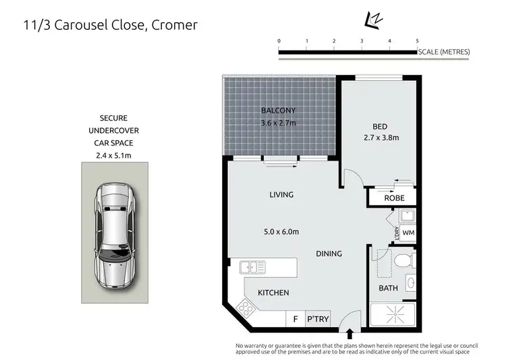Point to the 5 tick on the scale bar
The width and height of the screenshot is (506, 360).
pos(417,42)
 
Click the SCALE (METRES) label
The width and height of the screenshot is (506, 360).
pos(444,52)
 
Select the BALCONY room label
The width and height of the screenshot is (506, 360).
pos(279,111)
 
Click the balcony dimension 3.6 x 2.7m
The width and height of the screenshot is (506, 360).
pos(279,123)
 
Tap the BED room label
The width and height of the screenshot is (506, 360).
pos(380,126)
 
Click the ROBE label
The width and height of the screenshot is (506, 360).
pos(394,198)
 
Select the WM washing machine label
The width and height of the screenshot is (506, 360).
pos(408,233)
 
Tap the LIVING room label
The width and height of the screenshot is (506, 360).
pos(281,195)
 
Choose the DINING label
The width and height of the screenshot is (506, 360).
pos(329,253)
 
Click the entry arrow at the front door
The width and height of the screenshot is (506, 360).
pos(349,334)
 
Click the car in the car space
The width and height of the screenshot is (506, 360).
pos(116,233)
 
